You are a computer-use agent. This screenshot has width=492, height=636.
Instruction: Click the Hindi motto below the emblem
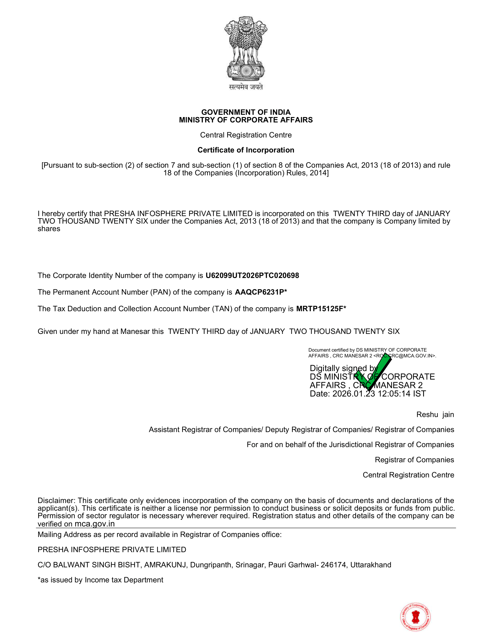pos(246,87)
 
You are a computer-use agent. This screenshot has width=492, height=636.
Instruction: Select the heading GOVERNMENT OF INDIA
pos(246,112)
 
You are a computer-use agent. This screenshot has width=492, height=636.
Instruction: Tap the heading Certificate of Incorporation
pos(246,150)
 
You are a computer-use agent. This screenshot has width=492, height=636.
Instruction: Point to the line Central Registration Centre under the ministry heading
pos(246,135)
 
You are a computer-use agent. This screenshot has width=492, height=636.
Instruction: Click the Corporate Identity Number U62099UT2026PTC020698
pos(252,276)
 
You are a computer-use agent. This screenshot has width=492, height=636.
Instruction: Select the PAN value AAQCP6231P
pos(259,292)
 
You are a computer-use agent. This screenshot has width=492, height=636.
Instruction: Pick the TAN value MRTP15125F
pos(320,309)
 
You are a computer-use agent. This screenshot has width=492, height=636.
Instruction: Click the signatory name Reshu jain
pos(435,414)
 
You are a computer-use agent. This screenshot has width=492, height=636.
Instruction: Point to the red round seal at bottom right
pos(415,617)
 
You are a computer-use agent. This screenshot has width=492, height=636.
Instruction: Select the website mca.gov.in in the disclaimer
pos(94,524)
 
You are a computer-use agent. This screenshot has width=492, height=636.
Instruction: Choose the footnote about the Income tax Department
pos(100,580)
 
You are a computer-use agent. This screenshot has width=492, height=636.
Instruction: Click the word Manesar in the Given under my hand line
pos(133,331)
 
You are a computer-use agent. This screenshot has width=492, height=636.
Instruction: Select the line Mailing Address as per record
pos(159,534)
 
